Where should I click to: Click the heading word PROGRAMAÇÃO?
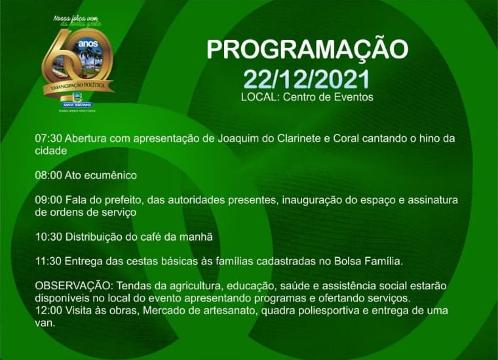(307, 50)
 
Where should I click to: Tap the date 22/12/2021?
(307, 79)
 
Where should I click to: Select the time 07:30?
(48, 139)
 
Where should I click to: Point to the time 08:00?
(48, 175)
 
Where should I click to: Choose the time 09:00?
(48, 199)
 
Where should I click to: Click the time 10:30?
(48, 236)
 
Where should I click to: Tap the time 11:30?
(48, 261)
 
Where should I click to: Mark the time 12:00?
(48, 311)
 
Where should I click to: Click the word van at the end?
(45, 323)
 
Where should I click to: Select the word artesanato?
(217, 311)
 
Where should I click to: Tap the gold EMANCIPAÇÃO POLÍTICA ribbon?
(77, 87)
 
